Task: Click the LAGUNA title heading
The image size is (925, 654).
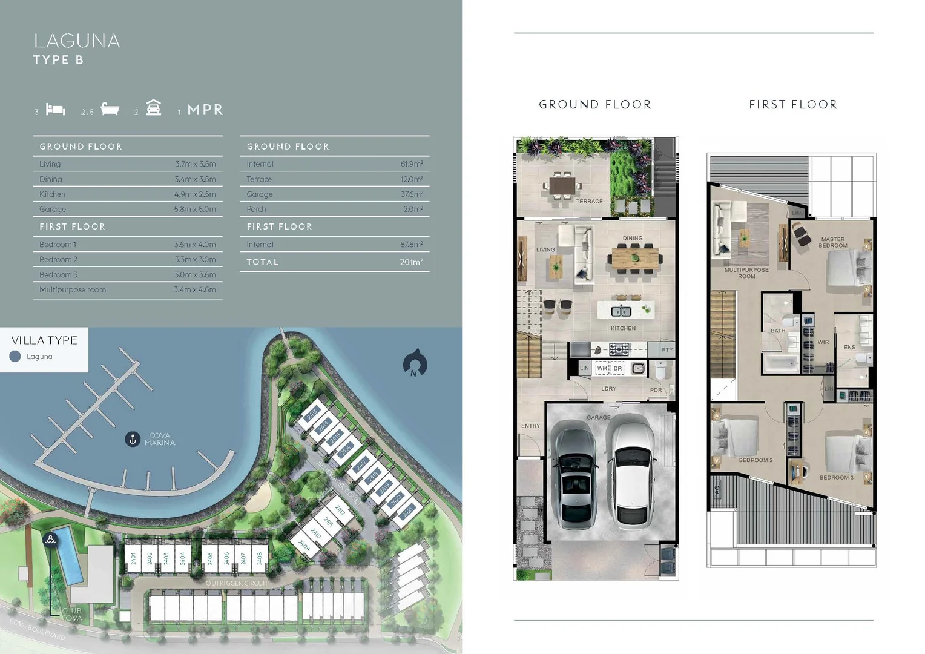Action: pos(77,41)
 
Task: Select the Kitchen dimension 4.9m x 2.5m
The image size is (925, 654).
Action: pos(195,194)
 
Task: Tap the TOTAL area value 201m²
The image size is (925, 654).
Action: pos(411,262)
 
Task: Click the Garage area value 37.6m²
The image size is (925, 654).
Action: pos(412,194)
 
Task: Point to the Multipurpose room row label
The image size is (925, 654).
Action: pos(73,290)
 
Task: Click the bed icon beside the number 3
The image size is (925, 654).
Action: pos(55,109)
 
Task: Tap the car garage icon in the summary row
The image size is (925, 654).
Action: pos(154,108)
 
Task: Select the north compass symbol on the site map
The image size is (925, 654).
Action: pos(415,363)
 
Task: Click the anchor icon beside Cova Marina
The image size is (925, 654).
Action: pos(133,439)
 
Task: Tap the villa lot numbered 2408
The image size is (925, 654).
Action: pos(260,558)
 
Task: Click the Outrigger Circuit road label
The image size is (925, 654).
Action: pos(237,583)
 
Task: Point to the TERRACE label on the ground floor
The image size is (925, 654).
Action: pos(589,202)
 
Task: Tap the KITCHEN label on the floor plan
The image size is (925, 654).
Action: pos(623,328)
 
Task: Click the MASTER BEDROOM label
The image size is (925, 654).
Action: pos(833,242)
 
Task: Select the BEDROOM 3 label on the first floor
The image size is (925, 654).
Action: pos(836,478)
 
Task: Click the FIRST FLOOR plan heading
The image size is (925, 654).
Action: pos(793,105)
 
